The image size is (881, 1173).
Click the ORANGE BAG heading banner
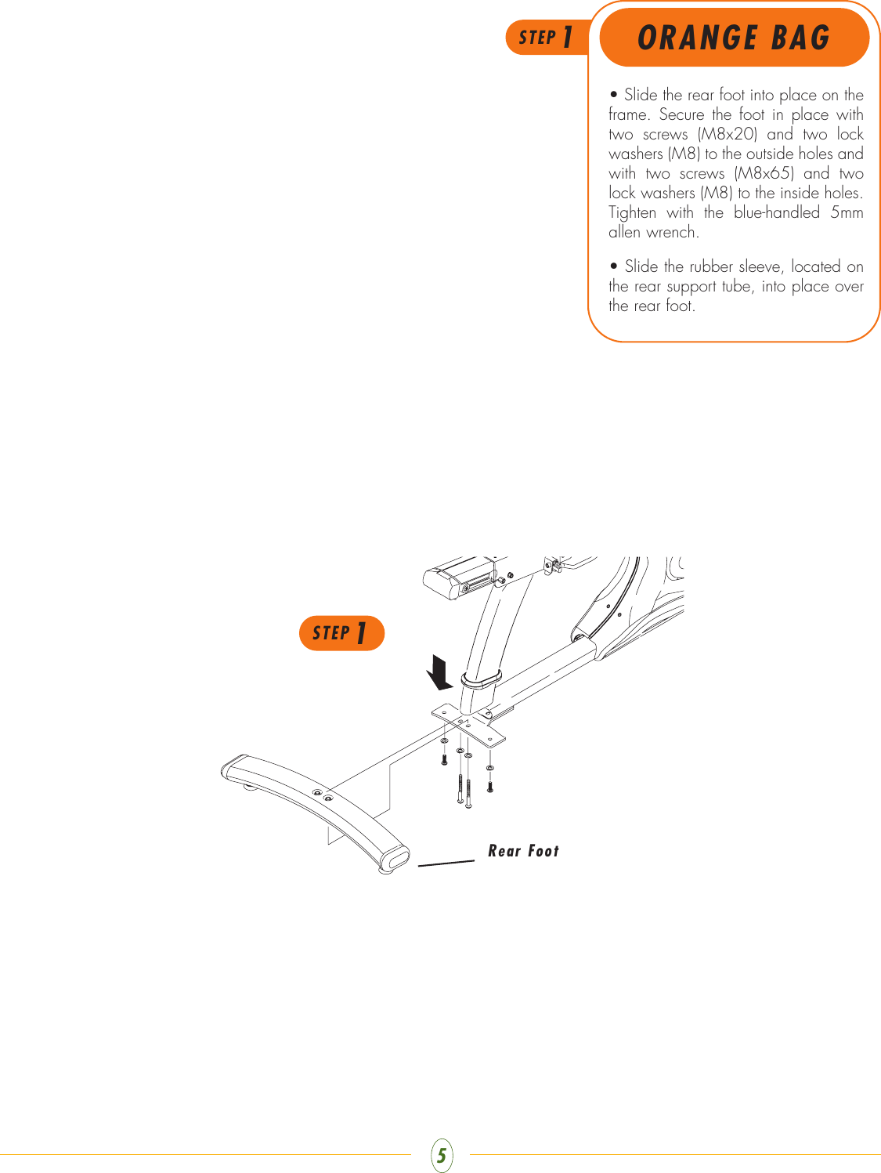click(x=734, y=38)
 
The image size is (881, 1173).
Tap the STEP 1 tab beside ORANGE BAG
click(x=547, y=37)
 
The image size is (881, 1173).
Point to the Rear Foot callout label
click(x=523, y=851)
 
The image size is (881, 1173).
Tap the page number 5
click(x=442, y=1155)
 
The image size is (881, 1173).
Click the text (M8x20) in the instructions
click(x=728, y=134)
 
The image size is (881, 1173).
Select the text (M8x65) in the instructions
click(x=764, y=173)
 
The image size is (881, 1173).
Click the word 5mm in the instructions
click(x=847, y=212)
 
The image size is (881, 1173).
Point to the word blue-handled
click(x=776, y=212)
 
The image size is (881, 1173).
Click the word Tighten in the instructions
click(x=632, y=213)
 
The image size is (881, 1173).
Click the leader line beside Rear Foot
click(x=446, y=863)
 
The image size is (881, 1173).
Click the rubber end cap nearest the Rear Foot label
click(x=393, y=859)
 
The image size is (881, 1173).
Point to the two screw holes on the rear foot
click(x=323, y=795)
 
